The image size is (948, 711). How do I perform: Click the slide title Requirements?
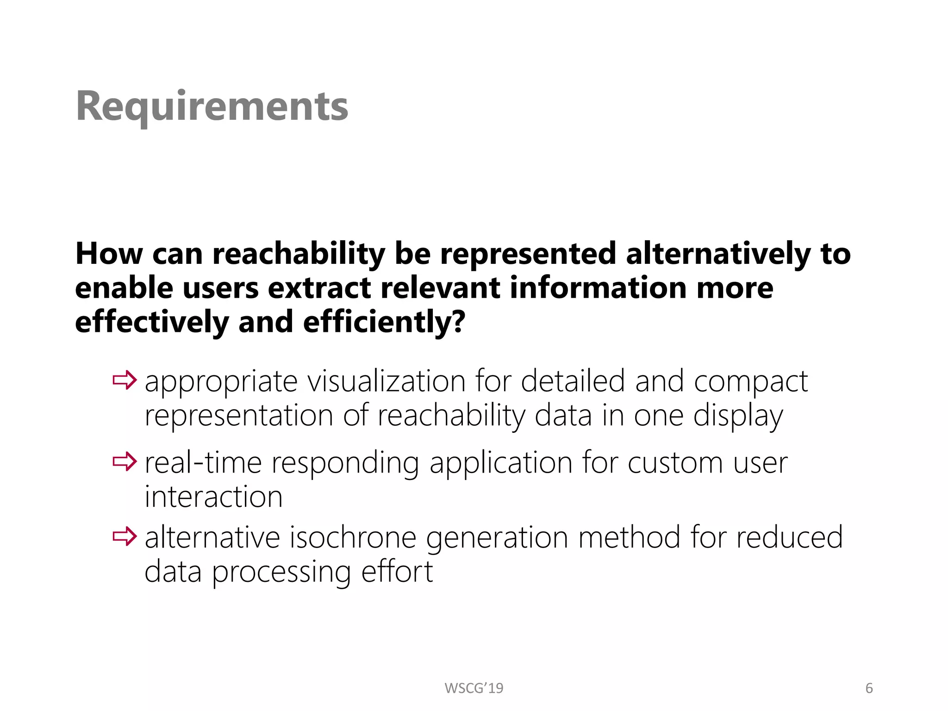212,106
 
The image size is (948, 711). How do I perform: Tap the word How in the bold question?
109,254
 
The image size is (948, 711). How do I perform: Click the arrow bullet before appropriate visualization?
125,380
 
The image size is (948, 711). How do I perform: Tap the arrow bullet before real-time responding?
125,462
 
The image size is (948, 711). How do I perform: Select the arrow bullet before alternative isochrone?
125,536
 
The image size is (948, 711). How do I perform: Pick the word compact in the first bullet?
751,382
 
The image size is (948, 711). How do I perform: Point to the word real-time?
203,462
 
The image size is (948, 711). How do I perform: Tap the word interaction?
213,497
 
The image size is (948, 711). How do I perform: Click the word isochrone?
353,537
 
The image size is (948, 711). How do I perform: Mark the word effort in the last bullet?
397,572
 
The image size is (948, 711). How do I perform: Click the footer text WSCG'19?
474,688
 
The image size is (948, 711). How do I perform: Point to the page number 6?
869,688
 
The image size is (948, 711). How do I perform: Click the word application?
501,463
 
